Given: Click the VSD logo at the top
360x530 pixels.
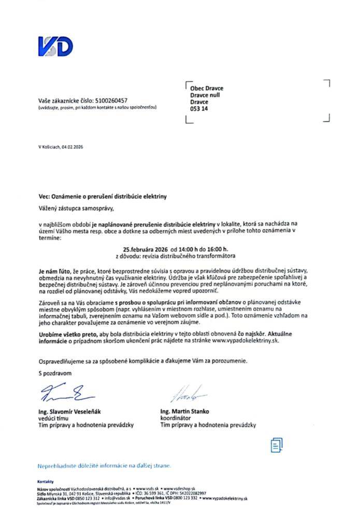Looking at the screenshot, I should pos(55,46).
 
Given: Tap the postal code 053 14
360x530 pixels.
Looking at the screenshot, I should pos(199,109).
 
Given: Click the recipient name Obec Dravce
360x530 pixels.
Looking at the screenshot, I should pos(207,89).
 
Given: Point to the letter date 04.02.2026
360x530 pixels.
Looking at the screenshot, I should pos(71,147).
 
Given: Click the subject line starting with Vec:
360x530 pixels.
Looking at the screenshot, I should pos(103,197).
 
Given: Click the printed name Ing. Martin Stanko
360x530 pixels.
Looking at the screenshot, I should pos(185,411).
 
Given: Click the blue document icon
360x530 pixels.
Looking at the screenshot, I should pos(277,444).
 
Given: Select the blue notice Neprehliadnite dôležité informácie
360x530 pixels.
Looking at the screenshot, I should pos(104,466).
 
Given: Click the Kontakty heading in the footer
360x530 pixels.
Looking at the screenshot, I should pos(46,482).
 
